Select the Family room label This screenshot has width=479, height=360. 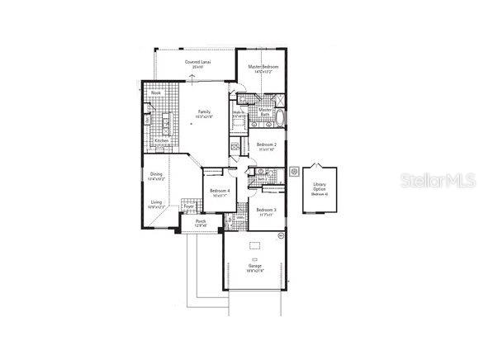click(x=204, y=113)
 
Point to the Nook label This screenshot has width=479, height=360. click(x=155, y=93)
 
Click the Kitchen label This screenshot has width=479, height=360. click(x=162, y=140)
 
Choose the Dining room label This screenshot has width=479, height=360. click(x=156, y=174)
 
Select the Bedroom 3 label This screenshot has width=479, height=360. click(x=266, y=210)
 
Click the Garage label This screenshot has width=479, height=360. click(x=255, y=266)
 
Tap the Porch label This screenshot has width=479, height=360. click(x=201, y=221)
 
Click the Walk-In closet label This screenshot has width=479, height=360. click(x=238, y=115)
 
